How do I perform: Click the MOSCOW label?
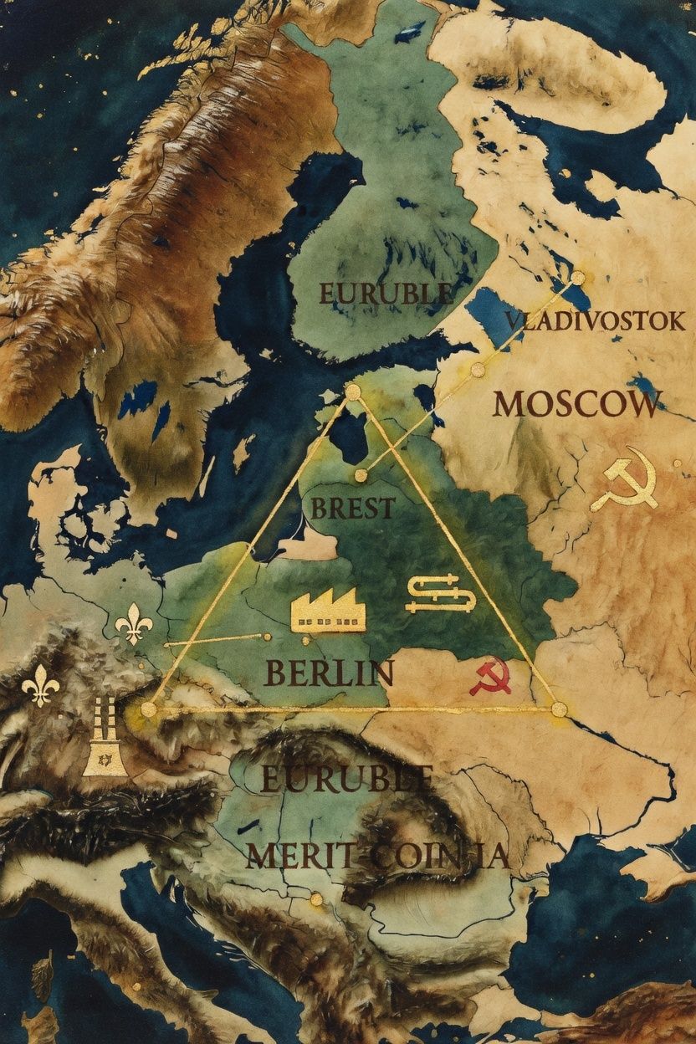pyautogui.click(x=576, y=405)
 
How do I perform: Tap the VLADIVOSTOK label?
pyautogui.click(x=595, y=320)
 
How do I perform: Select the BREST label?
pyautogui.click(x=352, y=508)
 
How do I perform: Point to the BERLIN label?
pyautogui.click(x=329, y=673)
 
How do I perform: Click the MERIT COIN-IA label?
pyautogui.click(x=377, y=856)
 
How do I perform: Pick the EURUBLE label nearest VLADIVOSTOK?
pyautogui.click(x=386, y=294)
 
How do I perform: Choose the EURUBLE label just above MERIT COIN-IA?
pyautogui.click(x=345, y=779)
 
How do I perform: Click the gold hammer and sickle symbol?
pyautogui.click(x=624, y=485)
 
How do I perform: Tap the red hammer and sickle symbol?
pyautogui.click(x=490, y=676)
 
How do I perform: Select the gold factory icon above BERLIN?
pyautogui.click(x=328, y=608)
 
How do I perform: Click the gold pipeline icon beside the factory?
pyautogui.click(x=440, y=595)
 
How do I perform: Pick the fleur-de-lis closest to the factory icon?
pyautogui.click(x=132, y=623)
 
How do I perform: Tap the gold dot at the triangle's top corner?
pyautogui.click(x=353, y=391)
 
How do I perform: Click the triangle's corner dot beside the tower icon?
pyautogui.click(x=149, y=709)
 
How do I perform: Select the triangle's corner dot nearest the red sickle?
pyautogui.click(x=559, y=709)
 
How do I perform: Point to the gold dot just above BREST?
pyautogui.click(x=361, y=475)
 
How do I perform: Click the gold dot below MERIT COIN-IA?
pyautogui.click(x=315, y=899)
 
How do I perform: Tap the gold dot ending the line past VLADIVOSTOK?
pyautogui.click(x=577, y=277)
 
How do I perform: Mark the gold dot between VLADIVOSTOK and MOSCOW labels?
pyautogui.click(x=478, y=369)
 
